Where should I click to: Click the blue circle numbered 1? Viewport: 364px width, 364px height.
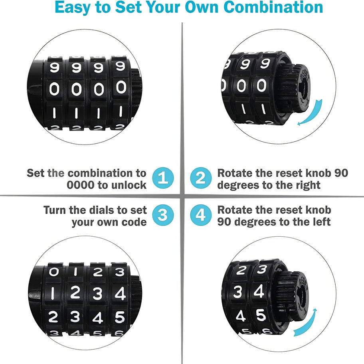coord(163,178)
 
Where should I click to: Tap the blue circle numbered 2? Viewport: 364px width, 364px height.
coord(201,178)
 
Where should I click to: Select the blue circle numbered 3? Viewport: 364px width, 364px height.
coord(163,215)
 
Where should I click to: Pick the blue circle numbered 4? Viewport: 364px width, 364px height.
coord(201,215)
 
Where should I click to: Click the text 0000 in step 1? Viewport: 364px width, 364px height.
coord(81,185)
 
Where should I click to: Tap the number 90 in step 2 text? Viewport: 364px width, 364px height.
coord(341,173)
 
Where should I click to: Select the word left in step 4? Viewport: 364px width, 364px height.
coord(322,222)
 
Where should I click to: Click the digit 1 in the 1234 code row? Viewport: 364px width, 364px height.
coord(53,293)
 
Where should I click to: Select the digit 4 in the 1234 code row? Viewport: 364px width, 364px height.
coord(120,293)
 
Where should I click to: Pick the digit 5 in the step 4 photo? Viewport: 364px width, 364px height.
coord(261,315)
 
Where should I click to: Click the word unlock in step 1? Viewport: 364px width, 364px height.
coord(129,185)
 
